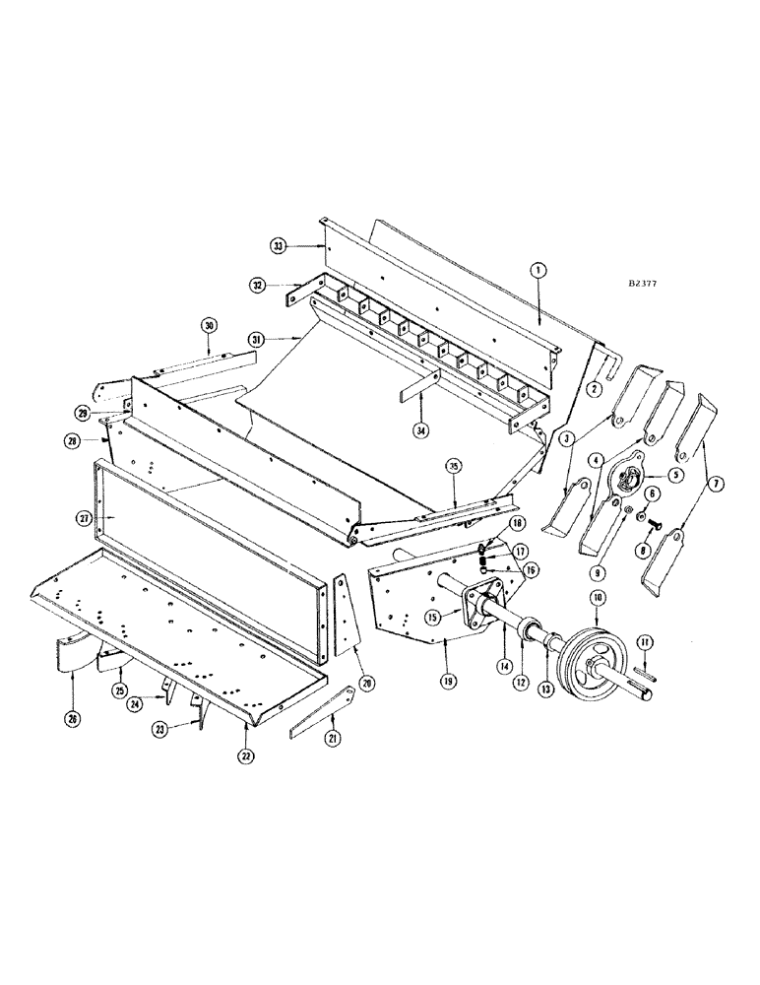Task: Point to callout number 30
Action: point(209,325)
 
